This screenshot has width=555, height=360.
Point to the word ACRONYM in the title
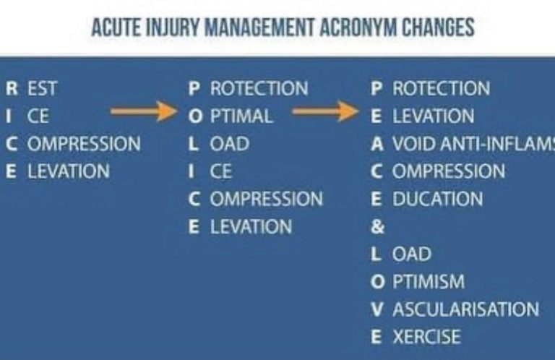point(358,27)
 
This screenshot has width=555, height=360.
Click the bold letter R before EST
point(12,88)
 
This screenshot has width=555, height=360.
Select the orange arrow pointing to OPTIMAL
point(144,111)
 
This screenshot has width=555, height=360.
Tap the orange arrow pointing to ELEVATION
point(325,111)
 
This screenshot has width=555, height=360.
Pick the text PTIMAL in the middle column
point(241,116)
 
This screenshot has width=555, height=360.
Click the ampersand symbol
point(378,226)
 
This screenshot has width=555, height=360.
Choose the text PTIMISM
point(429,282)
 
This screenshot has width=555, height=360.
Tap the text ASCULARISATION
point(466,309)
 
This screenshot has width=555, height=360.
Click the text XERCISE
point(427,337)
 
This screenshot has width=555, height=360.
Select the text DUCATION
point(437,199)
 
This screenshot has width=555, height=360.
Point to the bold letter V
point(377,309)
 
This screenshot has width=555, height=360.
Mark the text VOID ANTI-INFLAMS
point(474,144)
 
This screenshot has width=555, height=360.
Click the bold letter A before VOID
point(377,144)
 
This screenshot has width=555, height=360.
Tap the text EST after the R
point(42,88)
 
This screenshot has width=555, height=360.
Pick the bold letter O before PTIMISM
point(378,282)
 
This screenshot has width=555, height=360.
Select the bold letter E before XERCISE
point(377,337)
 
